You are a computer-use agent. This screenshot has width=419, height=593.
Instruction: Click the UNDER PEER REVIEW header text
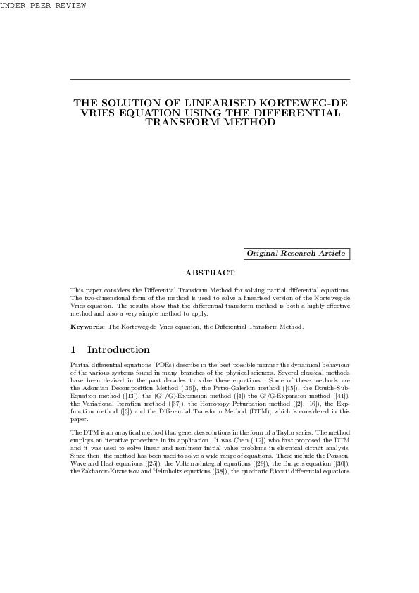[43, 6]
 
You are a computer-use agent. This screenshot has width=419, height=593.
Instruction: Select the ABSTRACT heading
[210, 273]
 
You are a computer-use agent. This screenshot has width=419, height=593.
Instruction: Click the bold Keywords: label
[88, 327]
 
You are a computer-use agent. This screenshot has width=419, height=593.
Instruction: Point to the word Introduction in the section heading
[118, 350]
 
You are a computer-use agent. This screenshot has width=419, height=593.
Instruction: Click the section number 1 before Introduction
[74, 350]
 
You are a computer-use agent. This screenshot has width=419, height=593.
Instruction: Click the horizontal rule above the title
[210, 79]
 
